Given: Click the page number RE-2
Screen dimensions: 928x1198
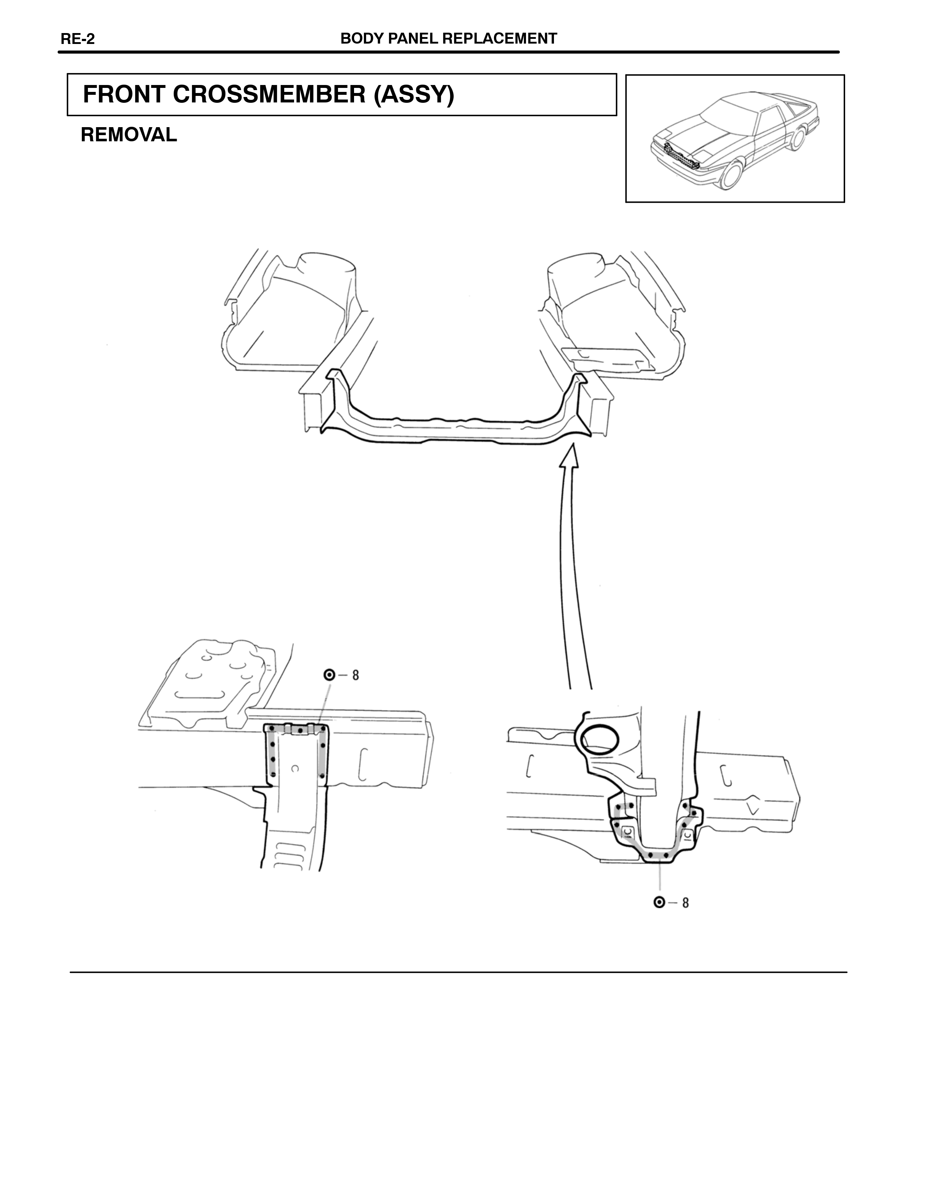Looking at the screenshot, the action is pyautogui.click(x=77, y=39).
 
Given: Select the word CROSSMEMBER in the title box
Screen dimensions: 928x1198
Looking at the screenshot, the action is pyautogui.click(x=269, y=94).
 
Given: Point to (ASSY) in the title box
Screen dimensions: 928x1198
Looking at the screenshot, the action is pyautogui.click(x=414, y=95).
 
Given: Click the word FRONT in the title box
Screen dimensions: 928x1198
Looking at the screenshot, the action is pyautogui.click(x=124, y=94).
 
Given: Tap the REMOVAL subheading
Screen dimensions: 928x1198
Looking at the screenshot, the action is pyautogui.click(x=129, y=135).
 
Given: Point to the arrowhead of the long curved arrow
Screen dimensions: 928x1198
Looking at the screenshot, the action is pyautogui.click(x=571, y=455).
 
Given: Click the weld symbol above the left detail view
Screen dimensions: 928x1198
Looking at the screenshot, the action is pyautogui.click(x=329, y=675).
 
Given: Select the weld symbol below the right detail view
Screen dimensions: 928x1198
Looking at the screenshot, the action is pyautogui.click(x=659, y=902).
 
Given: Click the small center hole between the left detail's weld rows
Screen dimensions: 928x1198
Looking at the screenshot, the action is pyautogui.click(x=295, y=769).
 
